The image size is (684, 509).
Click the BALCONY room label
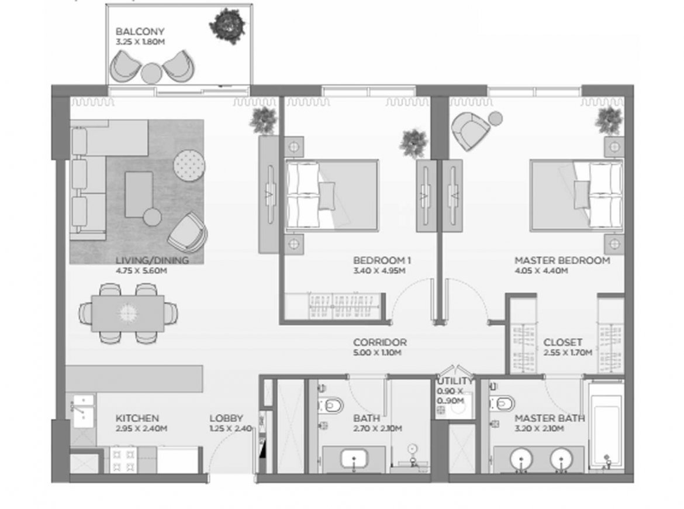tap(140, 32)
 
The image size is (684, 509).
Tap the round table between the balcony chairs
tap(151, 73)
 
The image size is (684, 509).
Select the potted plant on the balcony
tap(227, 26)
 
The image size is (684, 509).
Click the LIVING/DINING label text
tap(152, 260)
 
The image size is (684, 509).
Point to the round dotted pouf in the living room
tap(189, 166)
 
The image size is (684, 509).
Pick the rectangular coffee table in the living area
tap(139, 194)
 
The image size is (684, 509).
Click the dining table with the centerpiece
tap(128, 313)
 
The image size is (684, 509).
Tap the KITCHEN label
tap(137, 418)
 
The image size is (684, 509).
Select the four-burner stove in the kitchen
tap(123, 460)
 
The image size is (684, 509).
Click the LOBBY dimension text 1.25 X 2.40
tap(231, 429)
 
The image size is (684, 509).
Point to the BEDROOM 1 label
tap(382, 260)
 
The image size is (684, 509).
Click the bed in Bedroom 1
tap(331, 195)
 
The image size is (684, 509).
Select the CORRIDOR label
tap(380, 342)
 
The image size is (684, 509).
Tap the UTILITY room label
tap(455, 381)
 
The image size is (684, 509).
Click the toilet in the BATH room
tap(331, 405)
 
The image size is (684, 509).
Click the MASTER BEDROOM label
tap(562, 260)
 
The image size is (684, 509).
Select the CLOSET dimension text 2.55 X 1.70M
tap(568, 353)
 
